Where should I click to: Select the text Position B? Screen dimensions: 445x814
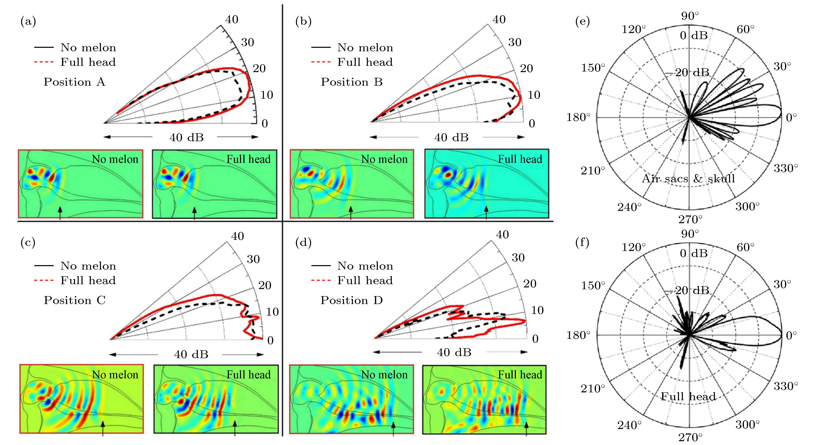click(x=352, y=82)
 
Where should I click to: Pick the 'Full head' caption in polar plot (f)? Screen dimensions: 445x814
click(x=688, y=397)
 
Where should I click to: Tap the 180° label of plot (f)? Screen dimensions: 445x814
click(x=578, y=335)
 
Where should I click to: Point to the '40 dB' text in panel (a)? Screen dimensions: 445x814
click(x=186, y=137)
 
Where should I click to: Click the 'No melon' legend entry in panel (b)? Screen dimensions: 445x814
click(x=365, y=48)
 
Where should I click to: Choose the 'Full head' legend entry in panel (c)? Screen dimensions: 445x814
click(x=88, y=281)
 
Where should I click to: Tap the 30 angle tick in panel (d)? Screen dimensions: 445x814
click(x=518, y=258)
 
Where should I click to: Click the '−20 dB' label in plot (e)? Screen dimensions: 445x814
click(x=687, y=73)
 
